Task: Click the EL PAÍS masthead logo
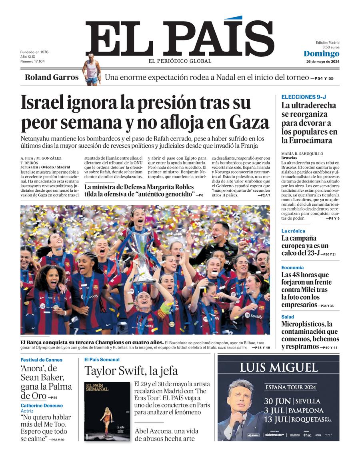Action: (179, 39)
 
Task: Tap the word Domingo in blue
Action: (321, 54)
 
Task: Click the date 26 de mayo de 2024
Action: (322, 62)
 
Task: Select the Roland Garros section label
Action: (52, 77)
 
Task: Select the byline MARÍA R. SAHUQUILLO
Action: (302, 154)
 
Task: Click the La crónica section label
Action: (293, 231)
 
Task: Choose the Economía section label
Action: (292, 267)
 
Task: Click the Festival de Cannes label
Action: (41, 360)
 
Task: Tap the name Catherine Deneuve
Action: (42, 405)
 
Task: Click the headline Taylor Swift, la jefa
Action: (131, 371)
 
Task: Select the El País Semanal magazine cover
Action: (107, 411)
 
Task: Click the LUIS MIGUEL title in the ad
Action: (278, 367)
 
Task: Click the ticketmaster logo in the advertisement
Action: (274, 435)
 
